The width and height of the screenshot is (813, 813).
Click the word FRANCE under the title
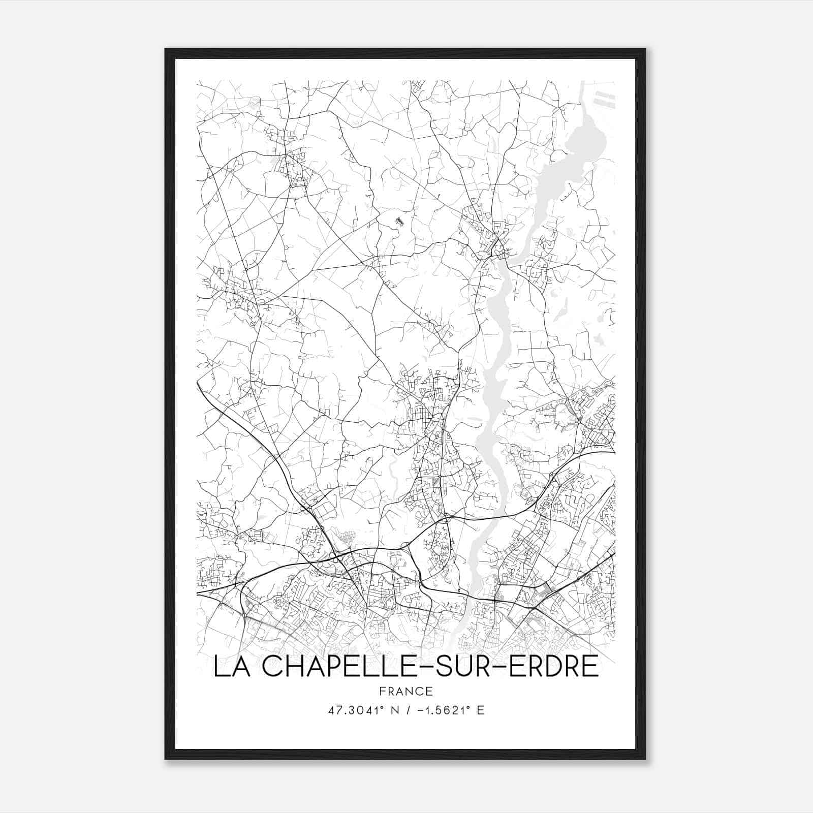click(405, 691)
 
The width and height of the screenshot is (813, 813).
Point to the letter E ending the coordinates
click(480, 710)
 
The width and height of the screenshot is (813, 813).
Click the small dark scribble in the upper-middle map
click(399, 221)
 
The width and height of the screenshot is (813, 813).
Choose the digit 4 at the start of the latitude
click(331, 710)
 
